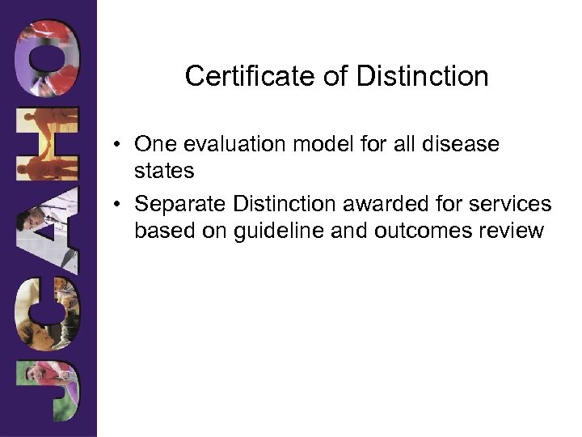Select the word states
coord(164,172)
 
